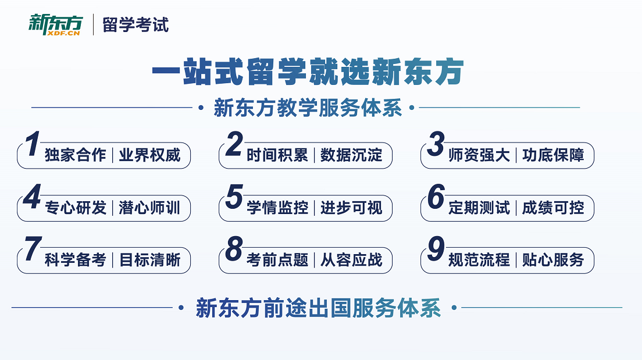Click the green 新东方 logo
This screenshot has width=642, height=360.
[56, 24]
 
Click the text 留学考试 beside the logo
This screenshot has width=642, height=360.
[135, 25]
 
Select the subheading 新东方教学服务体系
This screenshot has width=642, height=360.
[308, 108]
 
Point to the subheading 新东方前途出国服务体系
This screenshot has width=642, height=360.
[318, 308]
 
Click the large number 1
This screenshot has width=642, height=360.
[33, 144]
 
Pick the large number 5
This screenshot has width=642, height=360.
[234, 197]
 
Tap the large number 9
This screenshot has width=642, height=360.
[436, 249]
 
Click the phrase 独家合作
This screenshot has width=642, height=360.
[76, 155]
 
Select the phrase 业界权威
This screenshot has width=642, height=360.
[150, 155]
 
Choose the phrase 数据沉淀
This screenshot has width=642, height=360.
[352, 155]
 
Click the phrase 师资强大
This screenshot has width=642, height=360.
[479, 155]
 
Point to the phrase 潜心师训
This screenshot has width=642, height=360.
[150, 208]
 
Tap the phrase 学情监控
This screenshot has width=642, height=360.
[277, 208]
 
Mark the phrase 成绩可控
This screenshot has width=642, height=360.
[553, 208]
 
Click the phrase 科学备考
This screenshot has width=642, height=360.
[76, 260]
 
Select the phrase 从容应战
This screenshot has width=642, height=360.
[352, 260]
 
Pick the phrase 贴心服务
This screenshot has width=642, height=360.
[553, 260]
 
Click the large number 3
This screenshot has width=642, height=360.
[436, 144]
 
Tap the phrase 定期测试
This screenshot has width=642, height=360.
[479, 208]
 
